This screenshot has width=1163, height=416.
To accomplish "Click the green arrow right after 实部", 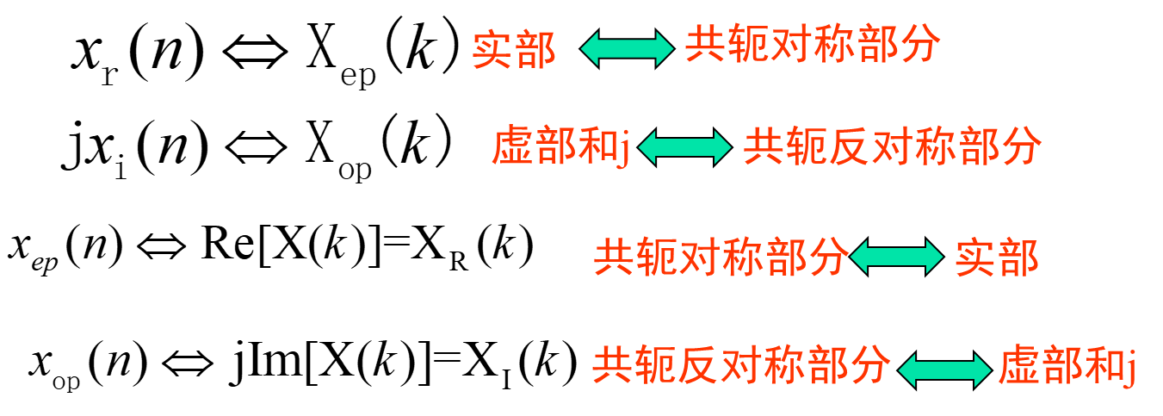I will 627,48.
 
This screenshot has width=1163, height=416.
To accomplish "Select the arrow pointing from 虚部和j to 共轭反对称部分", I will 684,147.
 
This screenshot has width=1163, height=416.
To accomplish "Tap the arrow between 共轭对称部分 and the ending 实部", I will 896,257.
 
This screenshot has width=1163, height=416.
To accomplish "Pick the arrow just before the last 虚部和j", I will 944,370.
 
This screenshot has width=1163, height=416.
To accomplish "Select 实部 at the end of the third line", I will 997,258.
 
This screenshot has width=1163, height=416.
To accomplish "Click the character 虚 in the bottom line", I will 1019,369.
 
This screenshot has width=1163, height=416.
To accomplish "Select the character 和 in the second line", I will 597,147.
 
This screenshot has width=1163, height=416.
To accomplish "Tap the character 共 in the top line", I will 705,45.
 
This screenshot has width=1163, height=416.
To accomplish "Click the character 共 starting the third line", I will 614,258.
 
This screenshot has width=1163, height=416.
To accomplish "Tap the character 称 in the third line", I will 741,258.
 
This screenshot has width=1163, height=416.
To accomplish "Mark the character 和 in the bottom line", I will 1104,369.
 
